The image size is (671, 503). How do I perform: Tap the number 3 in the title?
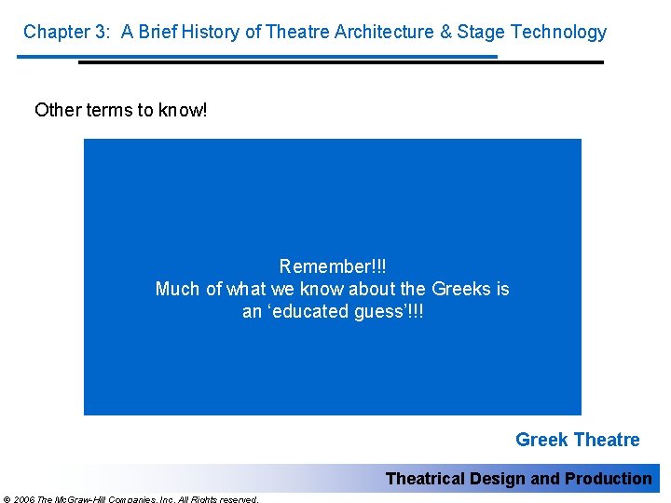(x=99, y=32)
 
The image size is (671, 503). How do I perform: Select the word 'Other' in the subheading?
(x=58, y=110)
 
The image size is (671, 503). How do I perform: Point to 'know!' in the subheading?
(x=184, y=110)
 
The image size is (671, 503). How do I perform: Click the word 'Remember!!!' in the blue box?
(x=332, y=266)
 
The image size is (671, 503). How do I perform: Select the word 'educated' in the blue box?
(x=311, y=312)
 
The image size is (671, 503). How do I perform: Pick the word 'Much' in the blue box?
(x=175, y=289)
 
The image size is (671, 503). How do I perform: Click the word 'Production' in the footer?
(x=609, y=479)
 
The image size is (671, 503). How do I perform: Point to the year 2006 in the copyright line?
(x=23, y=499)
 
